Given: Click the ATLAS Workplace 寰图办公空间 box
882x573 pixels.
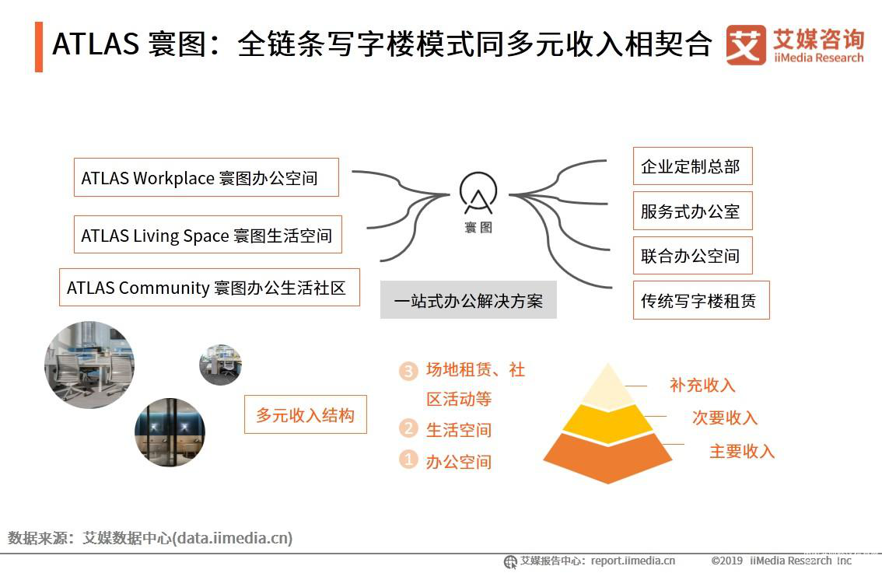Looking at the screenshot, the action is pos(206,178).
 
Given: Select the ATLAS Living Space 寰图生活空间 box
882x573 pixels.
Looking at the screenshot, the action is pos(208,235).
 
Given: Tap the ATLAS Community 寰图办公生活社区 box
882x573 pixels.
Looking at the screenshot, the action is pos(209,288).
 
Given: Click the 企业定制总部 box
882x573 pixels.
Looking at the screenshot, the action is pos(692,166).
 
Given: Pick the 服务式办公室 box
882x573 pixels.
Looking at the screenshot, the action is pos(692,211).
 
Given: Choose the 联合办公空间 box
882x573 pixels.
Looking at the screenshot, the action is pos(692,255).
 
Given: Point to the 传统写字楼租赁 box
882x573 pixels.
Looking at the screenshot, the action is pos(701,300).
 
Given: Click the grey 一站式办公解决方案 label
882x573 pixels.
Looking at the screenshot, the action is pos(468,300).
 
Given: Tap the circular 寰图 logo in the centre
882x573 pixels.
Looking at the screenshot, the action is pos(478,193).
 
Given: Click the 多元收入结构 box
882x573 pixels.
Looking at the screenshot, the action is pos(306,414).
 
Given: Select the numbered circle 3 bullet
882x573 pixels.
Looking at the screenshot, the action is pos(408,371).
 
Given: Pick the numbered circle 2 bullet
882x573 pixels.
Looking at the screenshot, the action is pos(408,428).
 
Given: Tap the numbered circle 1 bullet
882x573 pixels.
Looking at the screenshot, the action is pos(408,459).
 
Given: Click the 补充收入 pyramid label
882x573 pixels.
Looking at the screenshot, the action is pos(702,385).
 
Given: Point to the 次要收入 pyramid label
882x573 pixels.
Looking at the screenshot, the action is pos(725,418).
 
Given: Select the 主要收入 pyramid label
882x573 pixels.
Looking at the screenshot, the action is pos(742,451).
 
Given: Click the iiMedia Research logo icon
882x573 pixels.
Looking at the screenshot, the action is pos(746,45).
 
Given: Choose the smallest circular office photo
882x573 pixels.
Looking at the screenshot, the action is pos(221,365).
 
